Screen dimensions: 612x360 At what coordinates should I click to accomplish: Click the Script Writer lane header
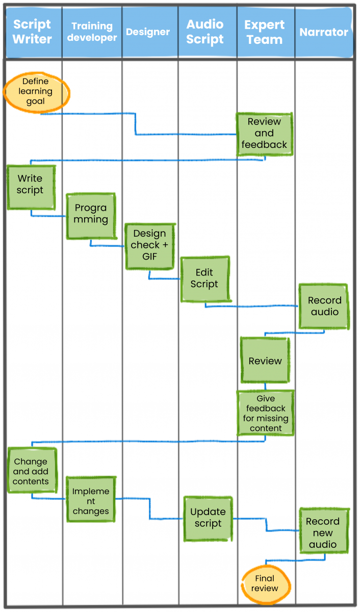click(33, 32)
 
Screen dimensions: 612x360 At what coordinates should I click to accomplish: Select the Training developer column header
click(92, 32)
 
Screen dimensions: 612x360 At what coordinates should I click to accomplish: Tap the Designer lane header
click(148, 32)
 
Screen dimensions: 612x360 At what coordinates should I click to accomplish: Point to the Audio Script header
click(205, 32)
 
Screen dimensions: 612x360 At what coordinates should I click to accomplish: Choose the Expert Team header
click(264, 32)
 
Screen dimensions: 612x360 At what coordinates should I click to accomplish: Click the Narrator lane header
click(324, 32)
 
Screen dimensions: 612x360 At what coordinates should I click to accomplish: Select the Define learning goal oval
click(36, 91)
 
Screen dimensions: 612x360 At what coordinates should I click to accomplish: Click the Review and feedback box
click(264, 134)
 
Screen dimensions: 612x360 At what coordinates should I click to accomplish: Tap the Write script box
click(31, 187)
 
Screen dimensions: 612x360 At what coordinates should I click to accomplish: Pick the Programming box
click(91, 215)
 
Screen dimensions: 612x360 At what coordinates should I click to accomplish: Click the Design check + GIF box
click(150, 246)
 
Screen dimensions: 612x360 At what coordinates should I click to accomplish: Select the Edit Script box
click(204, 279)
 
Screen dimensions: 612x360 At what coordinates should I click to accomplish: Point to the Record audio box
click(324, 306)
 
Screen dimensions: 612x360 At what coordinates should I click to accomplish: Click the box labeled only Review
click(265, 360)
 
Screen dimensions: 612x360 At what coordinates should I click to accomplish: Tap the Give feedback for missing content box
click(265, 413)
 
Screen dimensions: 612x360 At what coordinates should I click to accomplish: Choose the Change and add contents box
click(32, 470)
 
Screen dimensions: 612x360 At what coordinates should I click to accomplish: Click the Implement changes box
click(91, 500)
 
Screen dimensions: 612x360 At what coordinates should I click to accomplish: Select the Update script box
click(208, 518)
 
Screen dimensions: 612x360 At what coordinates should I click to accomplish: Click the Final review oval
click(265, 583)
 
